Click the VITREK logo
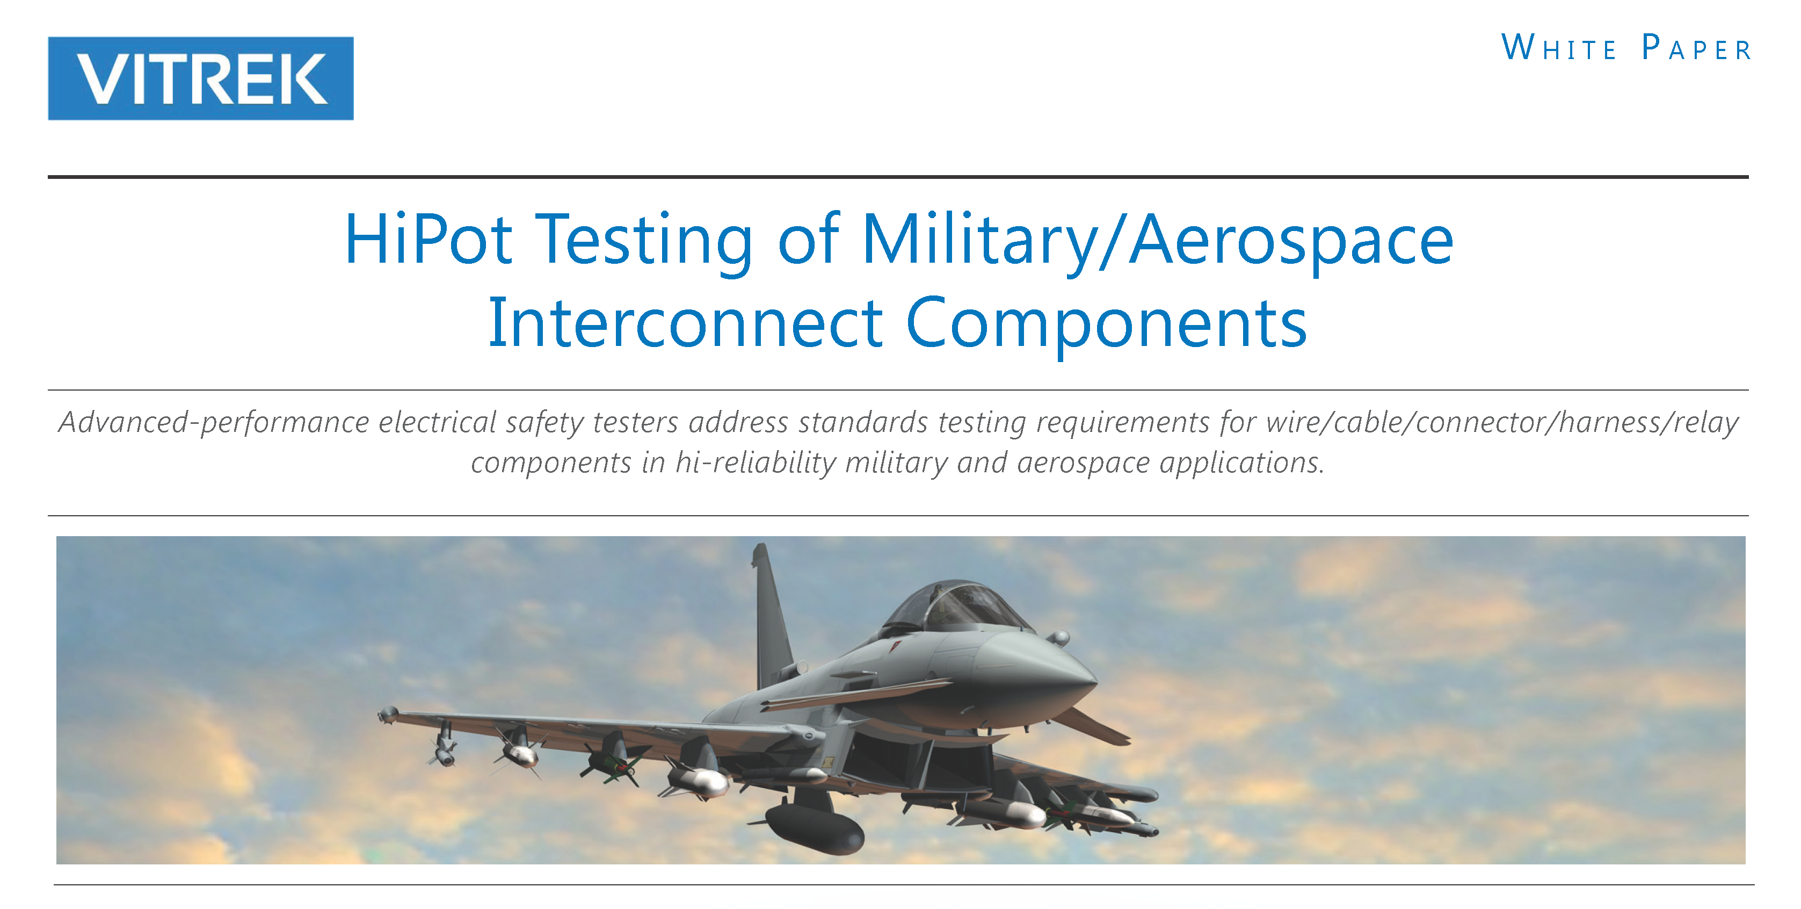[201, 78]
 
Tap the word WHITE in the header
[1559, 48]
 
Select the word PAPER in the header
[1696, 48]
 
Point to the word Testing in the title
[644, 243]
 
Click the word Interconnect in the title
[685, 323]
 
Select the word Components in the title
[1106, 326]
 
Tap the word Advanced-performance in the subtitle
[214, 423]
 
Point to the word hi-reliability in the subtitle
[755, 463]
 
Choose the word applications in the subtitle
[1241, 463]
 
